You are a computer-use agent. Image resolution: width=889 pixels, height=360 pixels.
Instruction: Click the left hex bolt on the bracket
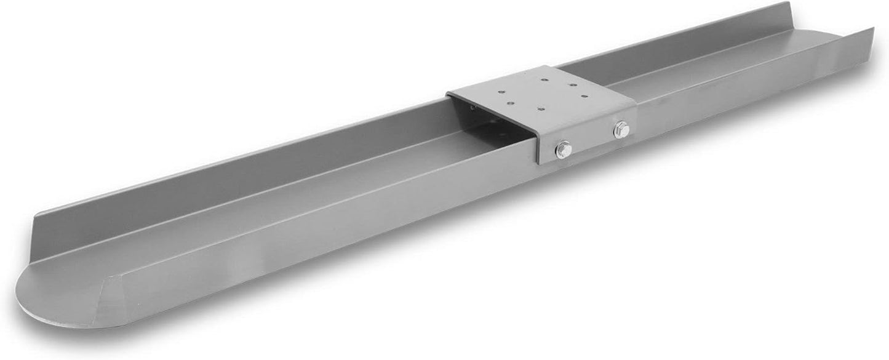[564, 150]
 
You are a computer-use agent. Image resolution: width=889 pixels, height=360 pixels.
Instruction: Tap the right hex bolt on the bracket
[622, 129]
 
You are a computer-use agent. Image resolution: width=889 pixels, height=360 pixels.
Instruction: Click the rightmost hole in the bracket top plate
[584, 96]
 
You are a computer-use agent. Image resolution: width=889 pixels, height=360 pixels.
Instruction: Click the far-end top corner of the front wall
[872, 29]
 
